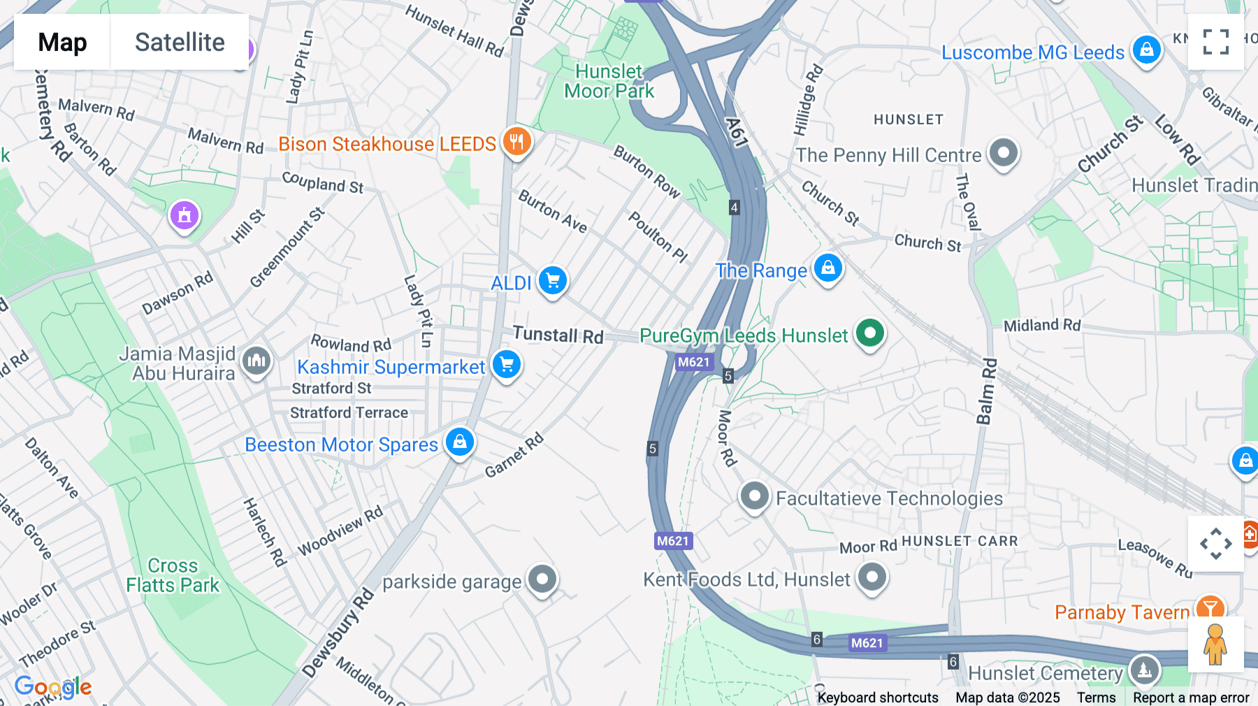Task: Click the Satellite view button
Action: (x=180, y=42)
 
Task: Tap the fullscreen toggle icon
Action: (x=1215, y=42)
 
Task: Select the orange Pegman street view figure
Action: (x=1215, y=644)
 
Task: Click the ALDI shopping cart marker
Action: (x=553, y=281)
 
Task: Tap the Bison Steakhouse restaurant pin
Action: (x=516, y=142)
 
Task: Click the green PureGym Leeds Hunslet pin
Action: (x=870, y=333)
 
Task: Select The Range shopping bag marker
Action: (x=828, y=268)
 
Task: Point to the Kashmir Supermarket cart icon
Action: (x=507, y=365)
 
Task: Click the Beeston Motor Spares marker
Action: (x=460, y=442)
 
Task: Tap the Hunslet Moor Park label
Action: (x=609, y=81)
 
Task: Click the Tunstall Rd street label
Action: (x=558, y=335)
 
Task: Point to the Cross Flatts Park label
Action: (x=173, y=575)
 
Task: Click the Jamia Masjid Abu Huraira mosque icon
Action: (x=256, y=361)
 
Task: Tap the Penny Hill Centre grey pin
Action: (x=1004, y=152)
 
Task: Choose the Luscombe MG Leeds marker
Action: (x=1146, y=50)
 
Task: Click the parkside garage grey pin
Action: (x=542, y=579)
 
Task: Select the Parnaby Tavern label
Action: (x=1121, y=612)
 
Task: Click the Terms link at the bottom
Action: (x=1096, y=697)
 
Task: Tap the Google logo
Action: (x=53, y=686)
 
